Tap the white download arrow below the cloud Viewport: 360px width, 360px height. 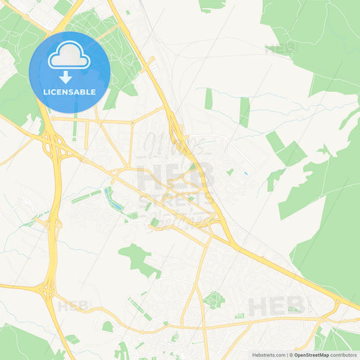coord(65,77)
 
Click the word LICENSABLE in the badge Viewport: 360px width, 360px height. coord(69,92)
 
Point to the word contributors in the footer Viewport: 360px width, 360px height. coord(344,355)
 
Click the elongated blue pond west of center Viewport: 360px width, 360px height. coord(110,199)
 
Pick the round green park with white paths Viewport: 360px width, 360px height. coord(213,300)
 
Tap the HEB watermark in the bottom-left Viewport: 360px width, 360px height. coord(73,306)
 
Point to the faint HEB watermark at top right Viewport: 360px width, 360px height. coord(280,49)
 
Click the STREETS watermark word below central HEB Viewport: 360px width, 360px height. coord(174,203)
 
